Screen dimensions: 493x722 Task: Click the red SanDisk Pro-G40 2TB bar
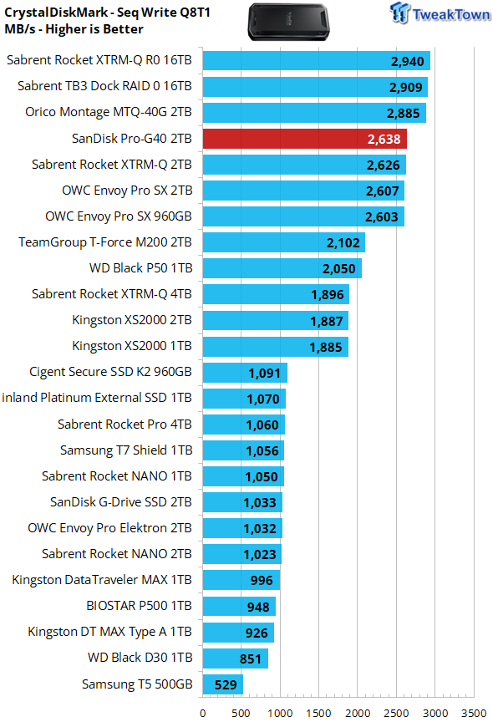tap(305, 139)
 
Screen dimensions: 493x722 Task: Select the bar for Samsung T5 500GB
tap(223, 684)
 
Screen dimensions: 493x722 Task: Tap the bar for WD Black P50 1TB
tap(282, 268)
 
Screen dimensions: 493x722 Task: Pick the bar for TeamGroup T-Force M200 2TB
tap(284, 242)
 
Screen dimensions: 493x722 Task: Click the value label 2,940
tap(408, 61)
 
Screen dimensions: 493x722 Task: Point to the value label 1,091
tap(264, 373)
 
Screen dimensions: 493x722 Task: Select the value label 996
tap(262, 581)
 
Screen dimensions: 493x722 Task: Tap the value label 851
tap(251, 659)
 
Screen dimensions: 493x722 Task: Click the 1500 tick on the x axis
tap(318, 714)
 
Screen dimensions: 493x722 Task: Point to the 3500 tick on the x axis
tap(474, 714)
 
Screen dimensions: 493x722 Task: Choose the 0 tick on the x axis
tap(203, 714)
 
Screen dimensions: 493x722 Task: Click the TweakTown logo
tap(440, 13)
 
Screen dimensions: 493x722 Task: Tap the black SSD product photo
tap(288, 22)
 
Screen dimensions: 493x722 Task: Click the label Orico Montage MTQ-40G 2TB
tap(108, 112)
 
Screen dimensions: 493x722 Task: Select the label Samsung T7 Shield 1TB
tap(126, 450)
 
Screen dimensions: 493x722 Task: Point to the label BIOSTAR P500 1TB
tap(139, 606)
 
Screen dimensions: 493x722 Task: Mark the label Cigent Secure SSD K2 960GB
tap(110, 372)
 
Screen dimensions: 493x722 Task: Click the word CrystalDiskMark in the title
tap(56, 13)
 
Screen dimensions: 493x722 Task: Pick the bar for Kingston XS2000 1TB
tap(275, 347)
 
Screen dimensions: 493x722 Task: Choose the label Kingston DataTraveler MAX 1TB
tap(102, 580)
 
